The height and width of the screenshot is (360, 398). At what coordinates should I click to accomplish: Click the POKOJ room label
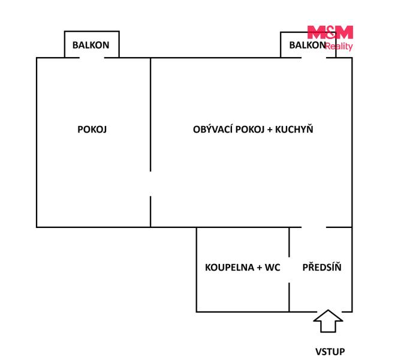pyautogui.click(x=92, y=130)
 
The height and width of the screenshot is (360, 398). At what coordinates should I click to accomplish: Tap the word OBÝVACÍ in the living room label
pyautogui.click(x=213, y=129)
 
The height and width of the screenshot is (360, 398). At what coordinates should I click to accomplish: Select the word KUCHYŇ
pyautogui.click(x=294, y=129)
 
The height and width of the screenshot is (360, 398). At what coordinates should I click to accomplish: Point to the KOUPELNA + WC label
pyautogui.click(x=242, y=267)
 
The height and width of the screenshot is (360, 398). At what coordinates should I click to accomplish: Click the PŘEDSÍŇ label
pyautogui.click(x=322, y=267)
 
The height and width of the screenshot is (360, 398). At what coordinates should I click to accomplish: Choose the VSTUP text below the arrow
pyautogui.click(x=330, y=352)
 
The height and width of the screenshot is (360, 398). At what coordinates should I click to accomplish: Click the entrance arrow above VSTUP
pyautogui.click(x=328, y=321)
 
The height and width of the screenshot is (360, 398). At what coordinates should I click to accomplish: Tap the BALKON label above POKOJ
pyautogui.click(x=91, y=45)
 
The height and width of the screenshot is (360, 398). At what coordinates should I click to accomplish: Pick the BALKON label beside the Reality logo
pyautogui.click(x=307, y=45)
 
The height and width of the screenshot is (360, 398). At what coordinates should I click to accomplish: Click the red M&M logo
pyautogui.click(x=330, y=32)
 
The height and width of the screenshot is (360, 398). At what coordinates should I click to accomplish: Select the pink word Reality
pyautogui.click(x=339, y=46)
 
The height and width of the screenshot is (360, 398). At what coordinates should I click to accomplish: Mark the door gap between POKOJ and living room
pyautogui.click(x=150, y=184)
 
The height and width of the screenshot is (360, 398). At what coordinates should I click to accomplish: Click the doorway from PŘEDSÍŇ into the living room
pyautogui.click(x=313, y=227)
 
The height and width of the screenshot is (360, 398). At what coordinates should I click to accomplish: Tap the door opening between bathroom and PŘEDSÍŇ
pyautogui.click(x=289, y=270)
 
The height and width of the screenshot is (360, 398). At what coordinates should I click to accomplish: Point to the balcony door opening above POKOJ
pyautogui.click(x=92, y=58)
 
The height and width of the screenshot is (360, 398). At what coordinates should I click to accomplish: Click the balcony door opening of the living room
pyautogui.click(x=313, y=58)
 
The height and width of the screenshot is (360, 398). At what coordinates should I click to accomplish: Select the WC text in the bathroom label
pyautogui.click(x=272, y=267)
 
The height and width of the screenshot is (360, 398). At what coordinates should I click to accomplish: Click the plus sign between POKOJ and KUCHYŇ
pyautogui.click(x=270, y=130)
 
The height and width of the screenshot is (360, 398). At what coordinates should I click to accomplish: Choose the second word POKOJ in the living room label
pyautogui.click(x=250, y=130)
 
